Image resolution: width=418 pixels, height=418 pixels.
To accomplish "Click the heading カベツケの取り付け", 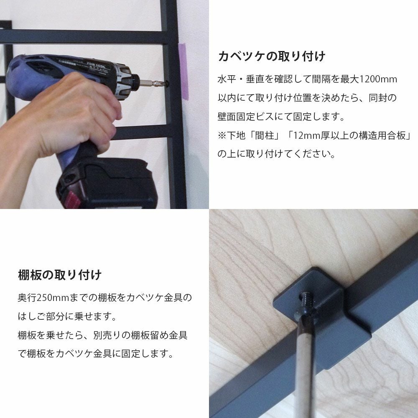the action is [x=272, y=56].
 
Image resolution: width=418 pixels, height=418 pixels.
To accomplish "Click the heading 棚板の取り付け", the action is [x=60, y=275].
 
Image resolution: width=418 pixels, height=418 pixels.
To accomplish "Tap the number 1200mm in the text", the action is [x=378, y=79].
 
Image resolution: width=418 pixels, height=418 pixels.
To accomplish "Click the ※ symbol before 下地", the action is [x=222, y=135].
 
